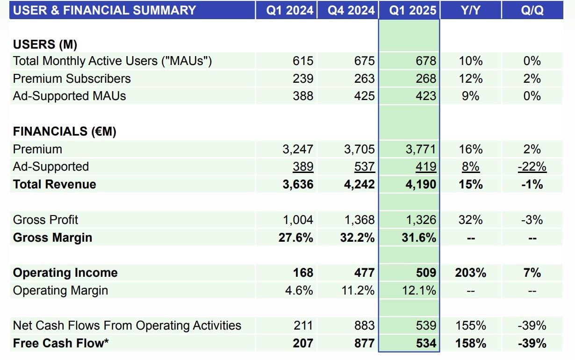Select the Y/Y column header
470,10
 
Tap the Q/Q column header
532,10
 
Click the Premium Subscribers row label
72,79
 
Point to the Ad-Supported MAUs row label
70,96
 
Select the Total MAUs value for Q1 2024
303,61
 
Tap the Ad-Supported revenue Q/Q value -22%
532,167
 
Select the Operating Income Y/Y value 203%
470,273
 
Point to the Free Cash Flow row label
61,343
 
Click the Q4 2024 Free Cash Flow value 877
364,343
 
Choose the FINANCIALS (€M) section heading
65,132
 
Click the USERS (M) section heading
45,44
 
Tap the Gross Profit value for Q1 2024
297,220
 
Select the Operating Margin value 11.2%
358,290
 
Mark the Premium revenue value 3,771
419,149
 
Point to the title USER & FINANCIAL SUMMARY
104,10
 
